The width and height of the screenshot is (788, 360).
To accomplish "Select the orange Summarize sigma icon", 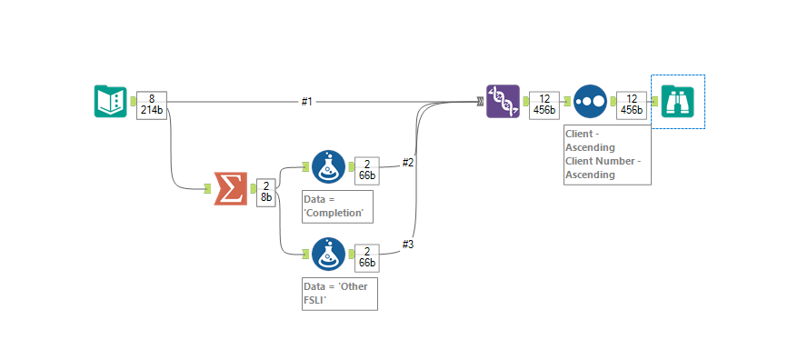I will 231,188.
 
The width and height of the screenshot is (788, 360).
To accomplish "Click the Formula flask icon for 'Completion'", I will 328,167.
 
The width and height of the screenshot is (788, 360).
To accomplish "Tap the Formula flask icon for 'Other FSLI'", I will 328,255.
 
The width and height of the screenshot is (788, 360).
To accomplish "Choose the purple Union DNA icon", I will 503,101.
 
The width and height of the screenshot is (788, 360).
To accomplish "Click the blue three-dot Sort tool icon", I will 591,101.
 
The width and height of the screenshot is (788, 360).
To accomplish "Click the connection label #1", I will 307,101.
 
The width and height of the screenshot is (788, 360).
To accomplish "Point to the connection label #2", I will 408,162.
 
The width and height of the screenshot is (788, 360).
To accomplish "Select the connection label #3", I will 408,243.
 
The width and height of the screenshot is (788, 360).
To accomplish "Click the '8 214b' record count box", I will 152,104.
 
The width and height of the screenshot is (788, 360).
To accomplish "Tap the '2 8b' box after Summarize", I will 264,192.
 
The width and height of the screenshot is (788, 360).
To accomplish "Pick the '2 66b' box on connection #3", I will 366,257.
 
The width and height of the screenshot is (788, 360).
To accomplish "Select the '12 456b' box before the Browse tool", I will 631,104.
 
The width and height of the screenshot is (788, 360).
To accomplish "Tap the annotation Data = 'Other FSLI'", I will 339,294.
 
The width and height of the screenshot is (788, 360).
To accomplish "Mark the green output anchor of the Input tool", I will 134,101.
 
